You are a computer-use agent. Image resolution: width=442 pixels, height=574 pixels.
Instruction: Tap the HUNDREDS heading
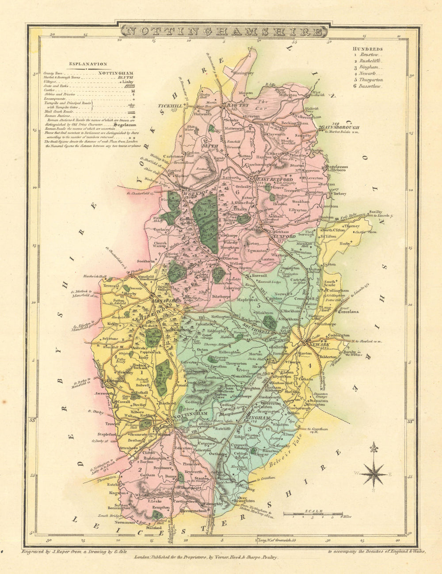pos(368,49)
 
